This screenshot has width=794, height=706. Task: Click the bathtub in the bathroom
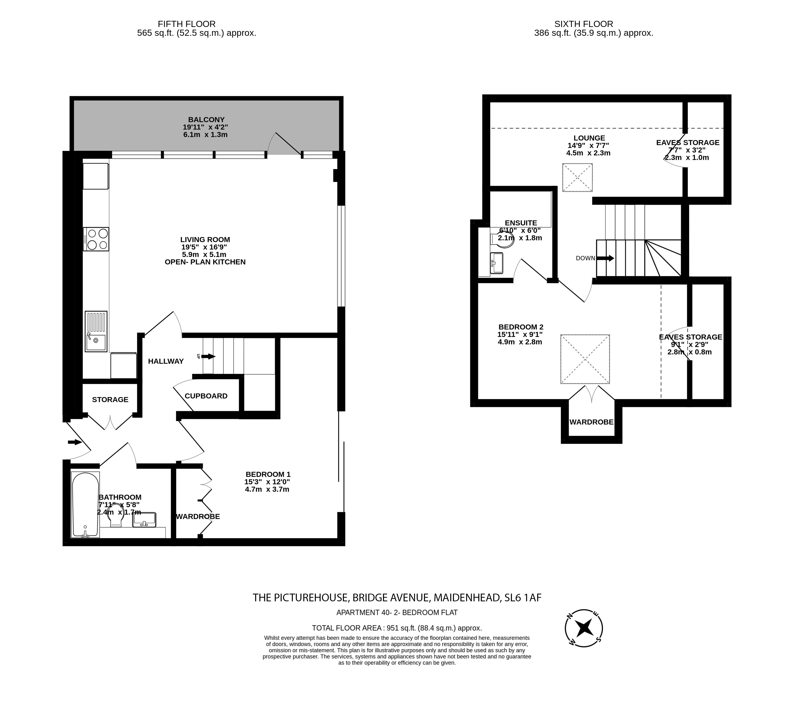pos(85,505)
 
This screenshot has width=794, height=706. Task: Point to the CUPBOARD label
pos(206,396)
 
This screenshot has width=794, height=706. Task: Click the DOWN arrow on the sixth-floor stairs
pos(605,258)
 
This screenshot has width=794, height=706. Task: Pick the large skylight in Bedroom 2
pos(585,359)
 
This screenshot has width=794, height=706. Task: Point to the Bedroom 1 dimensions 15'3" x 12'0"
pos(267,482)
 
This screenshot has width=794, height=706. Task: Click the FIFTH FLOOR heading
pos(187,24)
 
